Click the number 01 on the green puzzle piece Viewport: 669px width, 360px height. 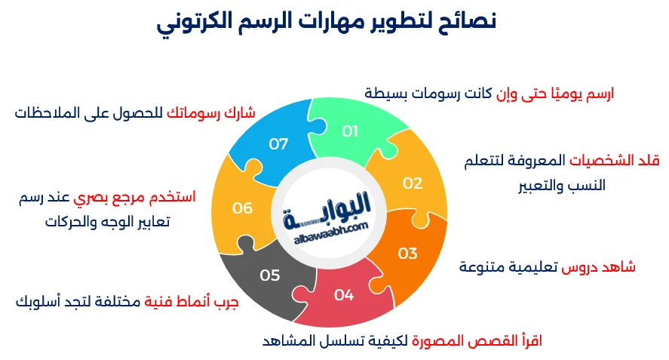[x=350, y=131]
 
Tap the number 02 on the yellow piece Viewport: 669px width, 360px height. [x=413, y=183]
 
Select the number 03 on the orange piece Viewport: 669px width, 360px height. [x=407, y=253]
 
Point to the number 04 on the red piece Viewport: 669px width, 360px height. [x=344, y=294]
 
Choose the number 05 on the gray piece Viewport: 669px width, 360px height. [x=270, y=275]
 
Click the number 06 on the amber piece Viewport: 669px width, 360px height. [x=242, y=208]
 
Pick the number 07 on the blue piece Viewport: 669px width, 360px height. [x=279, y=143]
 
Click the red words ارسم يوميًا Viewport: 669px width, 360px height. [x=574, y=94]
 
